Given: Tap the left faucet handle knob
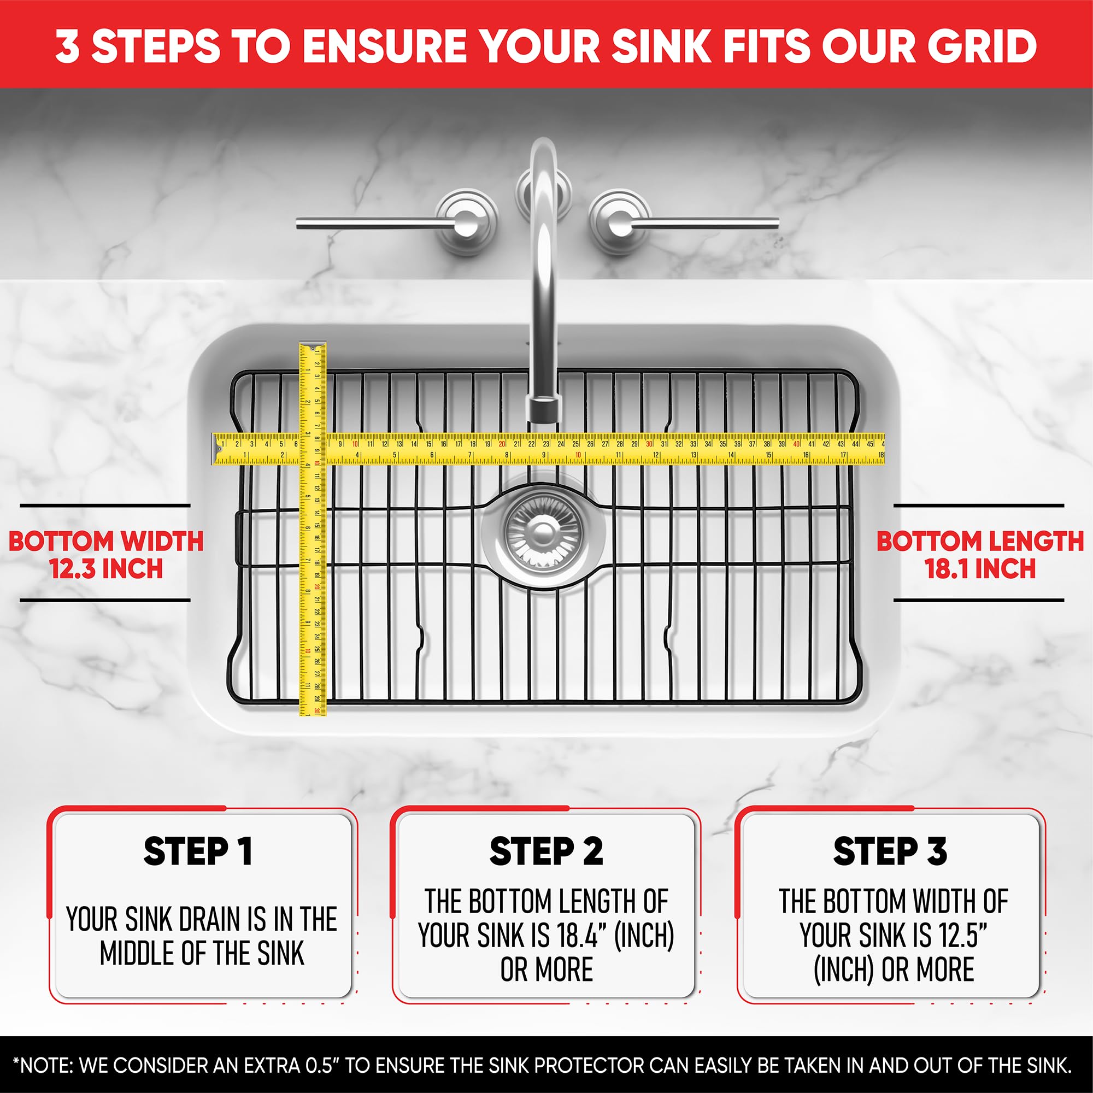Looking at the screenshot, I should click(x=466, y=222).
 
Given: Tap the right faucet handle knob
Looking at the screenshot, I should click(x=619, y=222).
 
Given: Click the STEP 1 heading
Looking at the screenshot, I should click(x=197, y=852).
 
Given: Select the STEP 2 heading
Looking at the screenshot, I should click(x=546, y=852).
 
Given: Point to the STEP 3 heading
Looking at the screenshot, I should click(x=890, y=852).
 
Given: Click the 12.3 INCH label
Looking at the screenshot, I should click(x=106, y=568).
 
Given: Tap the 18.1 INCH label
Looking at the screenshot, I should click(x=980, y=568).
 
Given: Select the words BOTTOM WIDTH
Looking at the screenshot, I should click(x=106, y=542).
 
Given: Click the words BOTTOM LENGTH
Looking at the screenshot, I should click(x=980, y=542).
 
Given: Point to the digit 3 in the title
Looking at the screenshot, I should click(x=67, y=46).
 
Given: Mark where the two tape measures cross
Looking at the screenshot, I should click(x=312, y=449).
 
